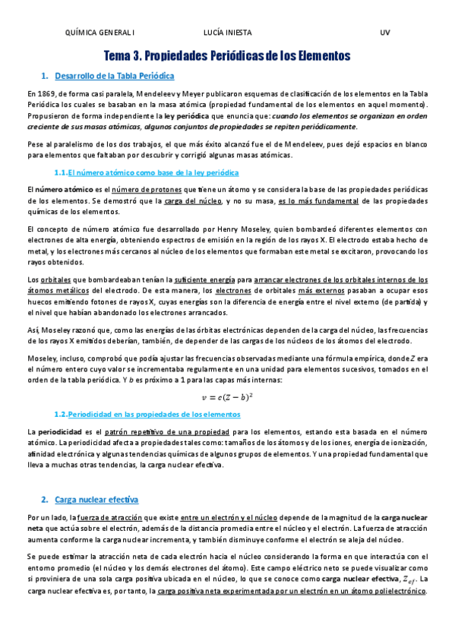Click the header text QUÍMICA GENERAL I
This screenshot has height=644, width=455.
[x=101, y=33]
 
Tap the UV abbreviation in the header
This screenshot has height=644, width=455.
[x=384, y=33]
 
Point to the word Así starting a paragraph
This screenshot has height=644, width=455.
[x=32, y=330]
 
